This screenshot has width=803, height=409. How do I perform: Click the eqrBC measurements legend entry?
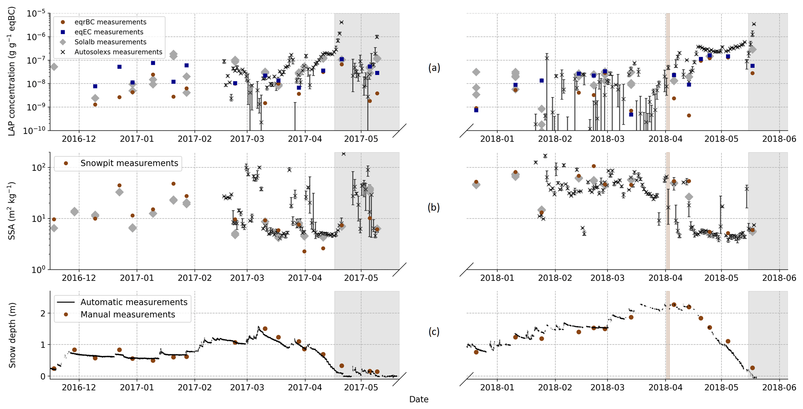[x=110, y=22]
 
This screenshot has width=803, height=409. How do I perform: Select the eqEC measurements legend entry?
[x=109, y=32]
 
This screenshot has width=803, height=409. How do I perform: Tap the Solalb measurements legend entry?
[x=110, y=42]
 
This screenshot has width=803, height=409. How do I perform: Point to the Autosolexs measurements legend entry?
[x=118, y=52]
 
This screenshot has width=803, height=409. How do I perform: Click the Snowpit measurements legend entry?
[x=129, y=163]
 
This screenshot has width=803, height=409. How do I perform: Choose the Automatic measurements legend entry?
[x=134, y=302]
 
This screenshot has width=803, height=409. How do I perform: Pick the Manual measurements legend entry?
[x=127, y=314]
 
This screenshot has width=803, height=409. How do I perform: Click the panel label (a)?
[x=434, y=68]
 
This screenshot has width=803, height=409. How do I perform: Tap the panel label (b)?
[x=434, y=208]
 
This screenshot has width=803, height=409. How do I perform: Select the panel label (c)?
[x=434, y=331]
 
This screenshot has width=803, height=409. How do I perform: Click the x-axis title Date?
[x=418, y=400]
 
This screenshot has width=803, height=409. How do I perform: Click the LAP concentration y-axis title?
[x=12, y=71]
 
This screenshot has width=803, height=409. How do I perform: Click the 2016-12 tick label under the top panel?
[x=79, y=139]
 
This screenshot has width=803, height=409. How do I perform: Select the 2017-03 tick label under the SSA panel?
[x=247, y=278]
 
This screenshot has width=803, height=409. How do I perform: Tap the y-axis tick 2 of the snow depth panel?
[x=43, y=313]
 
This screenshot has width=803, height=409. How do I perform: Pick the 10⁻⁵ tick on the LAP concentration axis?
[x=36, y=14]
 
